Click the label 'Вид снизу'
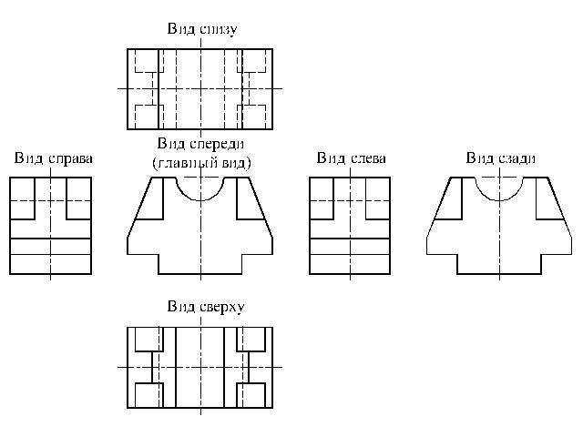(x=202, y=29)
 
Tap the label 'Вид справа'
(x=54, y=158)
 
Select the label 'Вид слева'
(x=352, y=158)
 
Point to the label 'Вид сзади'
(x=501, y=158)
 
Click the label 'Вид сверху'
(x=206, y=307)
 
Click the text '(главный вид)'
(x=201, y=163)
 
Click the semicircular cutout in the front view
(x=200, y=200)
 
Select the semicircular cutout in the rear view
(x=499, y=200)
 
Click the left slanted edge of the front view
(x=139, y=207)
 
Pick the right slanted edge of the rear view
(x=560, y=207)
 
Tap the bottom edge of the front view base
(x=200, y=274)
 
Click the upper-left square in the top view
(x=148, y=340)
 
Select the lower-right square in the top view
(x=251, y=395)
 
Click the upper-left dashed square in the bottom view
(x=148, y=61)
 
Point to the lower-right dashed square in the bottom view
(x=251, y=117)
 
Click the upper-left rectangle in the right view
(x=22, y=198)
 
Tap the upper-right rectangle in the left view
(x=378, y=198)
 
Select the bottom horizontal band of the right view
(x=51, y=264)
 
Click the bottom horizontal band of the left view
(x=350, y=264)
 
